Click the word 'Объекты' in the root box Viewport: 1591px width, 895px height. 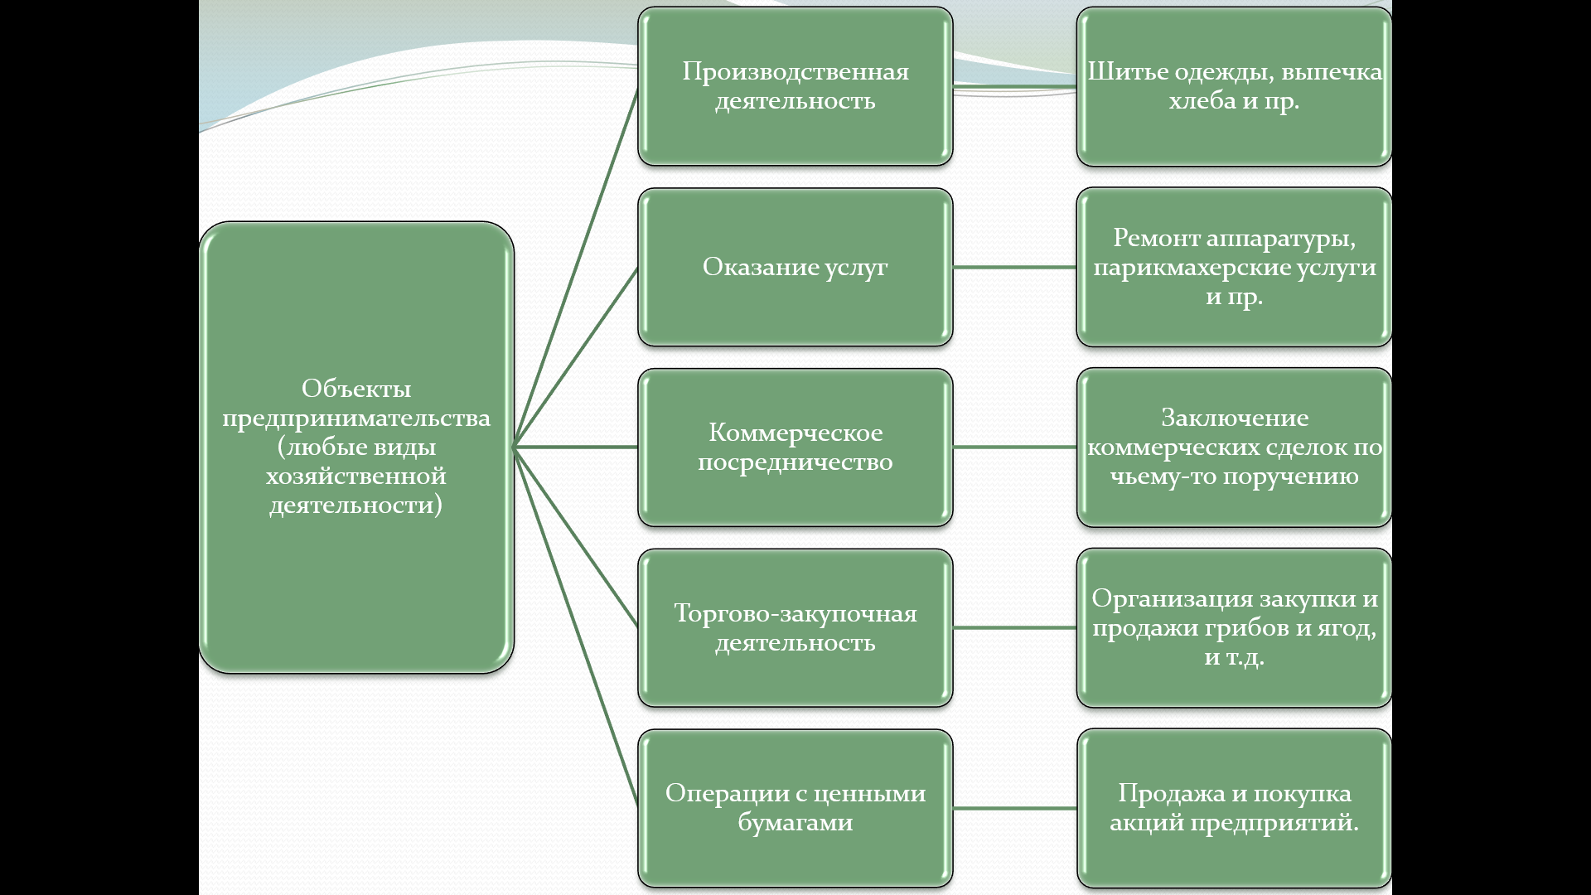[356, 388]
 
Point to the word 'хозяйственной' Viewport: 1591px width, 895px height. [356, 477]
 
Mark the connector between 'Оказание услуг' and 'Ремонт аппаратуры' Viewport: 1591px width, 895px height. [1014, 267]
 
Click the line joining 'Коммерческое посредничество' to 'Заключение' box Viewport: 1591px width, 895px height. [1014, 447]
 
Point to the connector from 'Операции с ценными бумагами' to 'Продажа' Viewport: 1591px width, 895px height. [1014, 808]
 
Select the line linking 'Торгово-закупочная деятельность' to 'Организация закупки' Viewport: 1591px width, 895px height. [1014, 627]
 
